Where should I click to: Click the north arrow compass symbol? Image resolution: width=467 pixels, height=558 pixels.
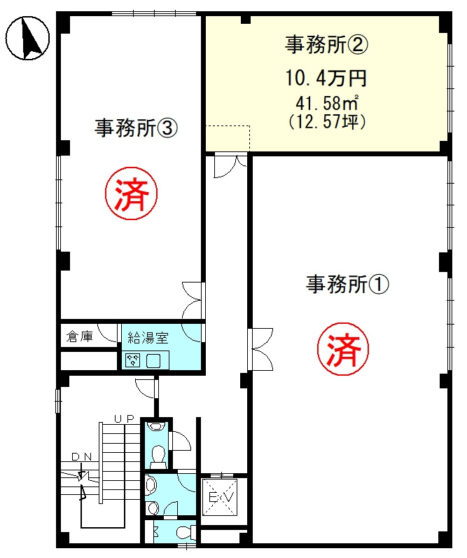[27, 38]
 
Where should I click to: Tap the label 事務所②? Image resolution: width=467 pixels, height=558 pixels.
[326, 44]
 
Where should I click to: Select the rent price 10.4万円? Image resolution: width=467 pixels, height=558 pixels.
[326, 78]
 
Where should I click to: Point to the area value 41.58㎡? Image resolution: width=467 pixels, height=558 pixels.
[326, 103]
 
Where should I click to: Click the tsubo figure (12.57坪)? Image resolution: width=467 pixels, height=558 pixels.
[327, 122]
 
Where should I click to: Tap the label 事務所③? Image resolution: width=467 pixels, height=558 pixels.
[136, 128]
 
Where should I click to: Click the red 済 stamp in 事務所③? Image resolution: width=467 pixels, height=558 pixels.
[131, 193]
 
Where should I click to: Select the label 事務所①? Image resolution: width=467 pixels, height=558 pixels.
[347, 284]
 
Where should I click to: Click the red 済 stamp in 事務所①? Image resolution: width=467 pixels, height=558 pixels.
[343, 350]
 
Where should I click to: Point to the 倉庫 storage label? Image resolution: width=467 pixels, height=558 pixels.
[79, 336]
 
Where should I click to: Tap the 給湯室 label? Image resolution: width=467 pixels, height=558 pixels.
[148, 337]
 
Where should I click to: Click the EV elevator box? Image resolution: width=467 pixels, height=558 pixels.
[219, 497]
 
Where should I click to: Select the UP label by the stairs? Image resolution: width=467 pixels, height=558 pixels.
[124, 418]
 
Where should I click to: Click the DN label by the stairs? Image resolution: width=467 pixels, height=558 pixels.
[82, 457]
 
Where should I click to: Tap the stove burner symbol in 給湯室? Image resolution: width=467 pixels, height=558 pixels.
[133, 360]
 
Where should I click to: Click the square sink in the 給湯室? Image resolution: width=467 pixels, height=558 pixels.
[153, 360]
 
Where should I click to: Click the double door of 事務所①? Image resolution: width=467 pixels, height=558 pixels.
[260, 349]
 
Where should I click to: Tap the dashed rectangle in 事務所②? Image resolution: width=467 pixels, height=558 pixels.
[228, 138]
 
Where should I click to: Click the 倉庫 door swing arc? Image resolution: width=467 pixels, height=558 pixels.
[106, 334]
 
